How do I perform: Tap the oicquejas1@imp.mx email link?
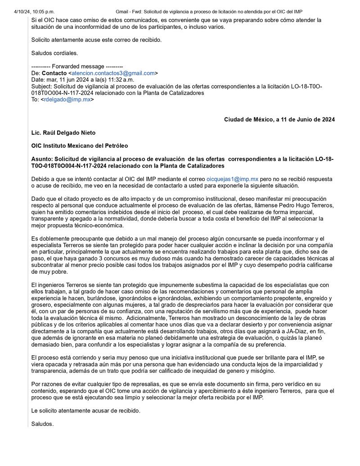(x=232, y=179)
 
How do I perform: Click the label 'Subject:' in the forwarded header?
(x=41, y=86)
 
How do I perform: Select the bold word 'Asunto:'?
(x=42, y=159)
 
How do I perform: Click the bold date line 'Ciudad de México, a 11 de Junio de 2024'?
(x=279, y=119)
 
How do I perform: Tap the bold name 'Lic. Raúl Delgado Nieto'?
(x=63, y=133)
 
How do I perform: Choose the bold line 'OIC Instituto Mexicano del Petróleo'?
(x=80, y=146)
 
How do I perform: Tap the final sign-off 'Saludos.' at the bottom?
(x=43, y=424)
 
